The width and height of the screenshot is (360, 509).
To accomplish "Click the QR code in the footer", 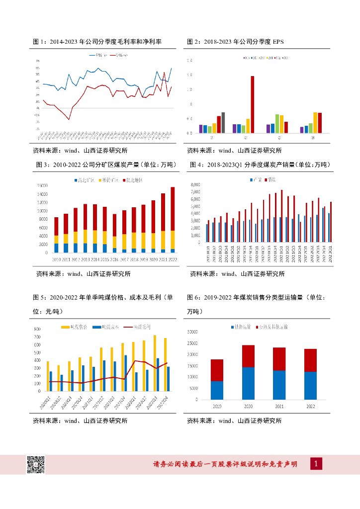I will click(35, 464).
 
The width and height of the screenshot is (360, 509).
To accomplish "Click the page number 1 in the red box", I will click(316, 464).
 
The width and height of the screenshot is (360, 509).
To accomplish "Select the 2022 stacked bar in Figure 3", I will click(173, 219).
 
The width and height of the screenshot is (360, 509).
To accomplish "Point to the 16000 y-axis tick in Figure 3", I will click(42, 185).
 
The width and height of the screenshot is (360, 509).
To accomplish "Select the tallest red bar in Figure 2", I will click(252, 104).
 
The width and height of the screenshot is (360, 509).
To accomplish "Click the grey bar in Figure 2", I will click(223, 122).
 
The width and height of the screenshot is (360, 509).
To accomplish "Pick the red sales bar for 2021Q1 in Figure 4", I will click(282, 216).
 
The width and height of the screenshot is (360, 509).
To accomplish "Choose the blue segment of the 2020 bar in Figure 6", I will click(248, 383).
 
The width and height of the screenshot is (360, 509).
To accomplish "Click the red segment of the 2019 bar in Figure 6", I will click(217, 370).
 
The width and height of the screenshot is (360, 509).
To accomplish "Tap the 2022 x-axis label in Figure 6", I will click(310, 406).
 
